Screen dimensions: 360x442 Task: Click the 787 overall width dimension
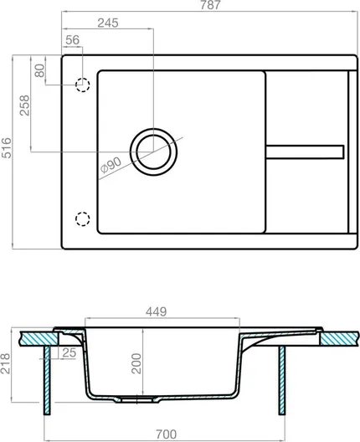[x=210, y=5]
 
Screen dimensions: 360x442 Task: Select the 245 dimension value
[x=108, y=23]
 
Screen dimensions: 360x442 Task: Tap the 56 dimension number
[x=73, y=40]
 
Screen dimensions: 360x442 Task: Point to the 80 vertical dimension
[x=39, y=70]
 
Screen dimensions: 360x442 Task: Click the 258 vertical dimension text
[x=24, y=105]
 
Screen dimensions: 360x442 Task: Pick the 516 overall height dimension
[x=6, y=147]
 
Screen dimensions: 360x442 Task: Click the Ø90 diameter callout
[x=111, y=165]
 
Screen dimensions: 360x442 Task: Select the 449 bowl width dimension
[x=157, y=311]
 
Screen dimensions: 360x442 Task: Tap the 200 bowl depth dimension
[x=136, y=363]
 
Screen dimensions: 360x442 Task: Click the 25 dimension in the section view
[x=69, y=352]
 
